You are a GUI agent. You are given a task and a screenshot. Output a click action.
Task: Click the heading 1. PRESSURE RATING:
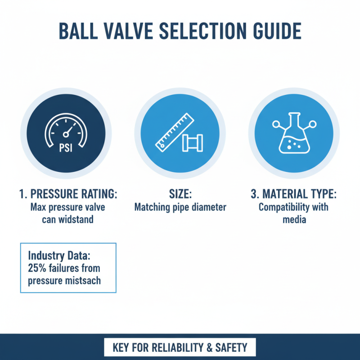click(x=68, y=195)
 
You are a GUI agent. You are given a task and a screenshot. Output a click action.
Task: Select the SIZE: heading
click(x=180, y=195)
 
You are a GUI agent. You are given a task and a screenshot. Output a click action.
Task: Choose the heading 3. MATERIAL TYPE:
click(x=293, y=195)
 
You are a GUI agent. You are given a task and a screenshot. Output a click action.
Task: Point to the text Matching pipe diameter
click(x=180, y=208)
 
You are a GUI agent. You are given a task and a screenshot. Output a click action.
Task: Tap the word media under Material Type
click(x=293, y=220)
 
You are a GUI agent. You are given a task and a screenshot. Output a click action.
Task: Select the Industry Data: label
click(x=59, y=256)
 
